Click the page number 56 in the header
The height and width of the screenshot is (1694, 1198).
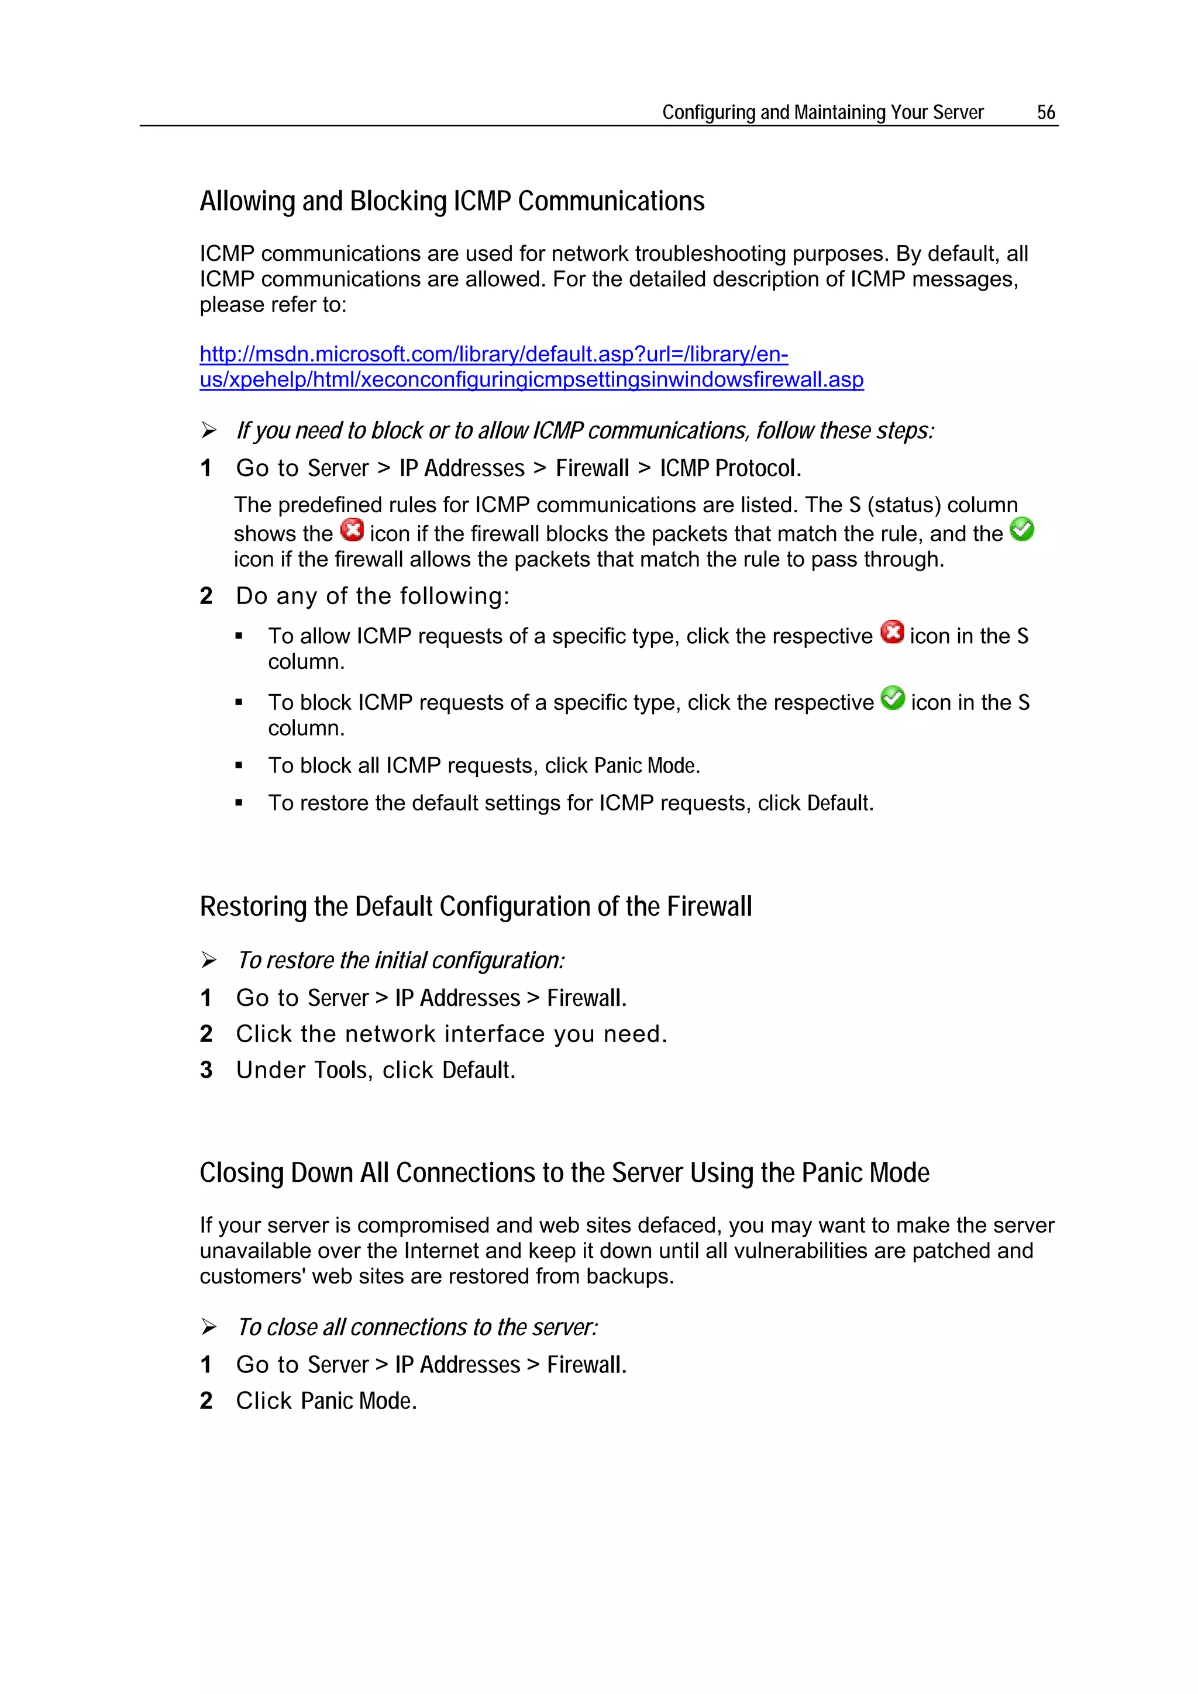point(1045,112)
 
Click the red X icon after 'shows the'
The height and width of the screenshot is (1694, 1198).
point(352,530)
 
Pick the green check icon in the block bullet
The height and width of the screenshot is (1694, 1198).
point(893,698)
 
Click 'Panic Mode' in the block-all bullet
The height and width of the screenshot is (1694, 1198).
point(646,766)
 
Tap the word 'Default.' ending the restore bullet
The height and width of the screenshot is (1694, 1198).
point(840,803)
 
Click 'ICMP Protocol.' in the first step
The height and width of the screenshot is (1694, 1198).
point(730,468)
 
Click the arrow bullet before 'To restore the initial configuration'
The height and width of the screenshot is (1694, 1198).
point(209,960)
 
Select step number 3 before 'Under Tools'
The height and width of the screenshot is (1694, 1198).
point(206,1070)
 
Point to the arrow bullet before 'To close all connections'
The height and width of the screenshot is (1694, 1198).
point(209,1327)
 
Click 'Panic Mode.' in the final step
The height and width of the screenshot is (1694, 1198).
point(359,1400)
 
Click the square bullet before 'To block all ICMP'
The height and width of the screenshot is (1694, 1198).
point(239,766)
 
